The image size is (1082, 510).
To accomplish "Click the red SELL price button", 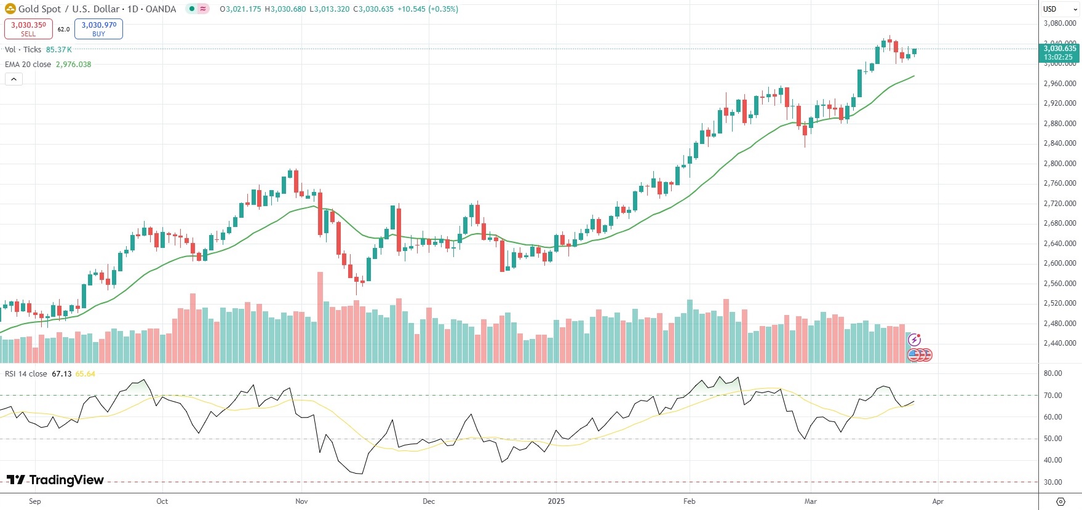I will pyautogui.click(x=28, y=28).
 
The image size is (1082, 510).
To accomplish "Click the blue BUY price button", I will pyautogui.click(x=98, y=28).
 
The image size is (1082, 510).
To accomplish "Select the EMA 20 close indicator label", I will pyautogui.click(x=28, y=65).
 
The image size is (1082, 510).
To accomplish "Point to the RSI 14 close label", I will pyautogui.click(x=26, y=374).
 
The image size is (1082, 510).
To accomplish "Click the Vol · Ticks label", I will pyautogui.click(x=23, y=50).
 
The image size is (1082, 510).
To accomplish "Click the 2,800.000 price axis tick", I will pyautogui.click(x=1060, y=164).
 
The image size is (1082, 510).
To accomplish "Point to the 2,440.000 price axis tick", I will pyautogui.click(x=1060, y=343).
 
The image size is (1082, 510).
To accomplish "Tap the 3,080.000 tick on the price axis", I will pyautogui.click(x=1060, y=23).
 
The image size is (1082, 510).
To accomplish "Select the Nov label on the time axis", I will pyautogui.click(x=301, y=501).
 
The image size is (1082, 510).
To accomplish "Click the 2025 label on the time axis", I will pyautogui.click(x=556, y=501).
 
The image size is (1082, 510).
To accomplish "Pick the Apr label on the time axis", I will pyautogui.click(x=937, y=501).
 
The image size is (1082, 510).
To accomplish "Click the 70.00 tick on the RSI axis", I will pyautogui.click(x=1052, y=396).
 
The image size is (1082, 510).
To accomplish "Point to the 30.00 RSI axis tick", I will pyautogui.click(x=1052, y=482).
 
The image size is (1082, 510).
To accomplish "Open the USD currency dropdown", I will pyautogui.click(x=1059, y=9).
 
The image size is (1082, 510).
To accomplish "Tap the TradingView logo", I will pyautogui.click(x=55, y=480).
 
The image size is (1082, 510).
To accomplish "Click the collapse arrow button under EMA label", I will pyautogui.click(x=14, y=79).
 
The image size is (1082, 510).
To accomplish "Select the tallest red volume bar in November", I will pyautogui.click(x=320, y=317).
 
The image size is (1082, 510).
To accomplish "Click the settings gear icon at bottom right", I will pyautogui.click(x=1060, y=501).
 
